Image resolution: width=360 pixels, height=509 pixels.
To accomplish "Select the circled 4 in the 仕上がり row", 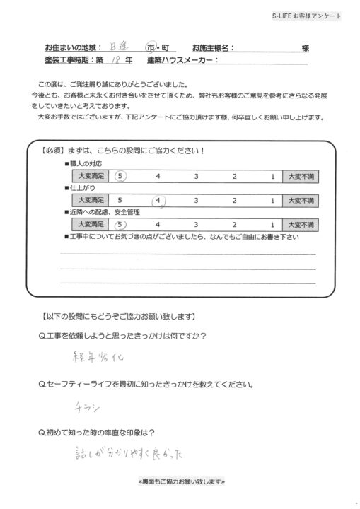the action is point(161,201).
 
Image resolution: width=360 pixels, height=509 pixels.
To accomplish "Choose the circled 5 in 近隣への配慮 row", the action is point(121,225).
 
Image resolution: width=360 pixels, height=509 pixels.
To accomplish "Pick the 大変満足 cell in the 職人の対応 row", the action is point(90,176).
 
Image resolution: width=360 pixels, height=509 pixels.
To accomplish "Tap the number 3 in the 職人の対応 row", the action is point(197,176).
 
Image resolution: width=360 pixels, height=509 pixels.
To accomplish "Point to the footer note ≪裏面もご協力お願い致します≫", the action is point(180,481).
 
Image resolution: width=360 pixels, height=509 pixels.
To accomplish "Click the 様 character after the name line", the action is point(305,48).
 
